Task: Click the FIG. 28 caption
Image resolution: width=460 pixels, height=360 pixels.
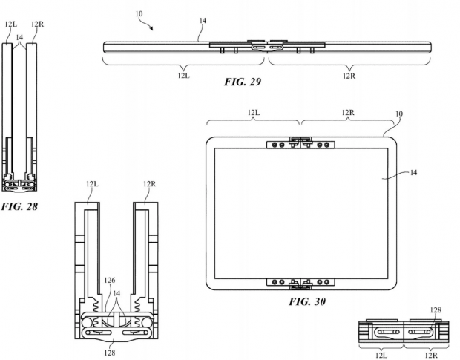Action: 19,206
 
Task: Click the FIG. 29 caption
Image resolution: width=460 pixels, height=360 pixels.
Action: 243,82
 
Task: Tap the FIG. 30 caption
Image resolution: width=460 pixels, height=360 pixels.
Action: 307,301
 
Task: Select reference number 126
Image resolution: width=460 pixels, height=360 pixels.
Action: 110,281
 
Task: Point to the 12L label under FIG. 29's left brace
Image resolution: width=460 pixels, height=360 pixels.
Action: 184,76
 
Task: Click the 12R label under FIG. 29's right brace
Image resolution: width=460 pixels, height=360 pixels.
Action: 349,76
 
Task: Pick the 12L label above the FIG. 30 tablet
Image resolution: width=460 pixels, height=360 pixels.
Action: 254,113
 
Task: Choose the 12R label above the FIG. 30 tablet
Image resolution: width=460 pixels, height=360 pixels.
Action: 348,113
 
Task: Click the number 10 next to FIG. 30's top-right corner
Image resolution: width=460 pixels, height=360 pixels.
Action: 399,114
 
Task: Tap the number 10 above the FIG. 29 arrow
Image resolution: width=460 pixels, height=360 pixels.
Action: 139,14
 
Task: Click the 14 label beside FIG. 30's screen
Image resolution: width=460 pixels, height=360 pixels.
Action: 413,172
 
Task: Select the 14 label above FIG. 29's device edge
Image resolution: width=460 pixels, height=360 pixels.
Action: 203,21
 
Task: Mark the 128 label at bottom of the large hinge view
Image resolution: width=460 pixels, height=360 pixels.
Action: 110,353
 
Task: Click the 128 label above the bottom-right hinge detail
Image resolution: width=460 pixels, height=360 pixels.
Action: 436,310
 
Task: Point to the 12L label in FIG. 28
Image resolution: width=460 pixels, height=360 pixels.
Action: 11,24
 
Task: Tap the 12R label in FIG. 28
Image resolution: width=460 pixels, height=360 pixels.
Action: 38,24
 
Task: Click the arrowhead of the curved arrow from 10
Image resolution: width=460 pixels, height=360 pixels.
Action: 151,28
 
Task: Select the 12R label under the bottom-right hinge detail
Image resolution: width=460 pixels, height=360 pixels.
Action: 431,356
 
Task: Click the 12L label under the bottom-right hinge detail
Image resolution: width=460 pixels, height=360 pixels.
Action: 381,356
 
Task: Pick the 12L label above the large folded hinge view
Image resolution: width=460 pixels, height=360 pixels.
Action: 92,184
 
